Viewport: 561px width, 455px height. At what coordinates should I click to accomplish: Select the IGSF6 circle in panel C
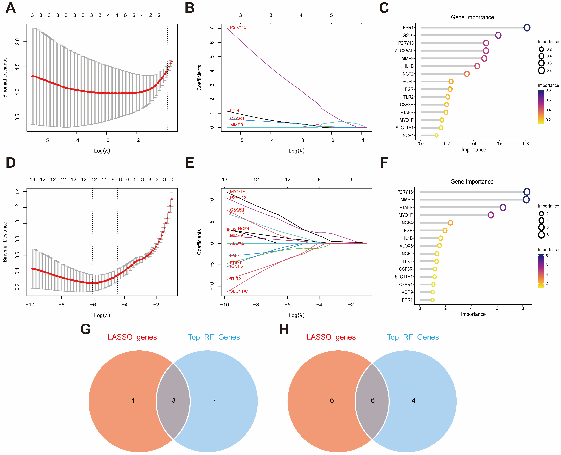498,35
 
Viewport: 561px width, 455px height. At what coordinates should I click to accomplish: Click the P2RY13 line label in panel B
238,27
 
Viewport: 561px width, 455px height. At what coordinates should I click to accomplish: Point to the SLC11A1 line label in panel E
239,291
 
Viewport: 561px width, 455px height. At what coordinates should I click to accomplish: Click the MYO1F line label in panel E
237,192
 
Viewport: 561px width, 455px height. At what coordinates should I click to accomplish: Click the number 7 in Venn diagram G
214,401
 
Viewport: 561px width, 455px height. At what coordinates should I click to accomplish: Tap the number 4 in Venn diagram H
413,400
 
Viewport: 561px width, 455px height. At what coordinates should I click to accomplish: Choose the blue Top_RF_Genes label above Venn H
413,337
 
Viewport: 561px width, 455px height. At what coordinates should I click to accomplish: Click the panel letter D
11,163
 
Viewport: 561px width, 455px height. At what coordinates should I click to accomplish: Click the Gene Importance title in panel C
472,17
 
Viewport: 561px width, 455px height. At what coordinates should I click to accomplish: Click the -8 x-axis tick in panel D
61,305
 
